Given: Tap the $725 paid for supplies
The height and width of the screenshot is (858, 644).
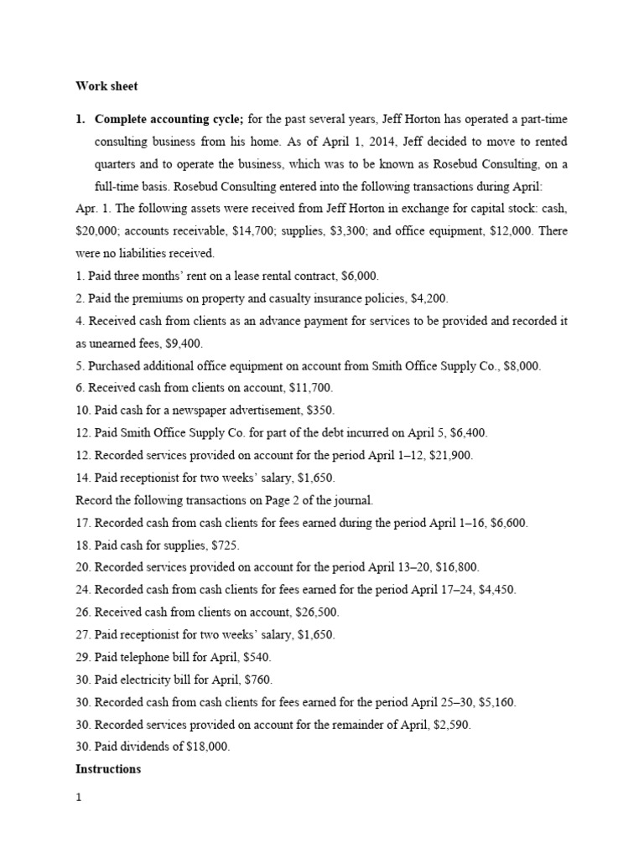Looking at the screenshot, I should coord(210,545).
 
